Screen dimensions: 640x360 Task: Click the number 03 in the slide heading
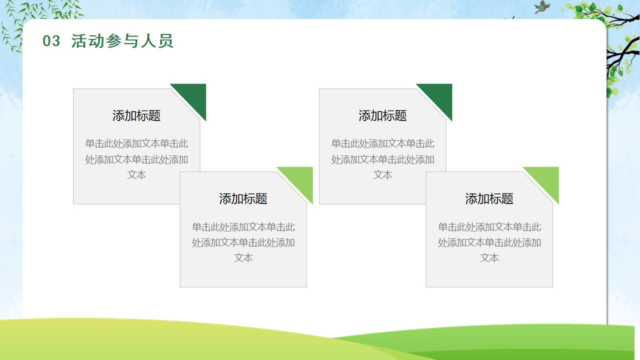[x=51, y=41]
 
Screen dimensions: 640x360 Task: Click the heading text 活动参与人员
[x=122, y=41]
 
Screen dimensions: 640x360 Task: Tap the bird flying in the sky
[x=542, y=7]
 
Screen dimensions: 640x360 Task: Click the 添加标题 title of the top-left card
[x=136, y=115]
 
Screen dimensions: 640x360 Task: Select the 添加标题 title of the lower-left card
[x=243, y=199]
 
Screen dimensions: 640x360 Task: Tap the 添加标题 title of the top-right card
[x=382, y=115]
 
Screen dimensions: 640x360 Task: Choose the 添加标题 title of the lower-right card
[x=489, y=199]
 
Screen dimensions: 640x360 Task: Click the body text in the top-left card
[x=136, y=159]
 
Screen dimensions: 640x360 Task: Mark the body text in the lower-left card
[x=243, y=242]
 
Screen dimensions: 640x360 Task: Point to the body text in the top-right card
[x=382, y=159]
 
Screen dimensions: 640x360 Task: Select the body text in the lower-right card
[x=489, y=242]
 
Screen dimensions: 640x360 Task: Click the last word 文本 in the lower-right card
[x=489, y=258]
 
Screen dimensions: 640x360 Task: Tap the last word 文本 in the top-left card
[x=136, y=175]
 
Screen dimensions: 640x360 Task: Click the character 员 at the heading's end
[x=165, y=41]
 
